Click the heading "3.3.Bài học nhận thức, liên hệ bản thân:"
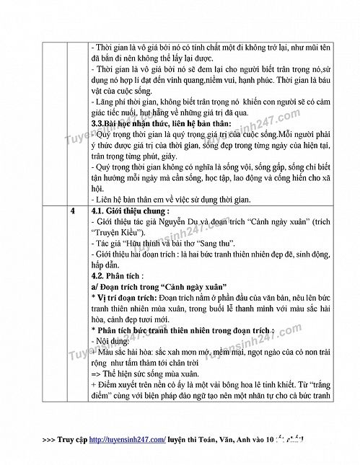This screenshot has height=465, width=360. click(x=154, y=123)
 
